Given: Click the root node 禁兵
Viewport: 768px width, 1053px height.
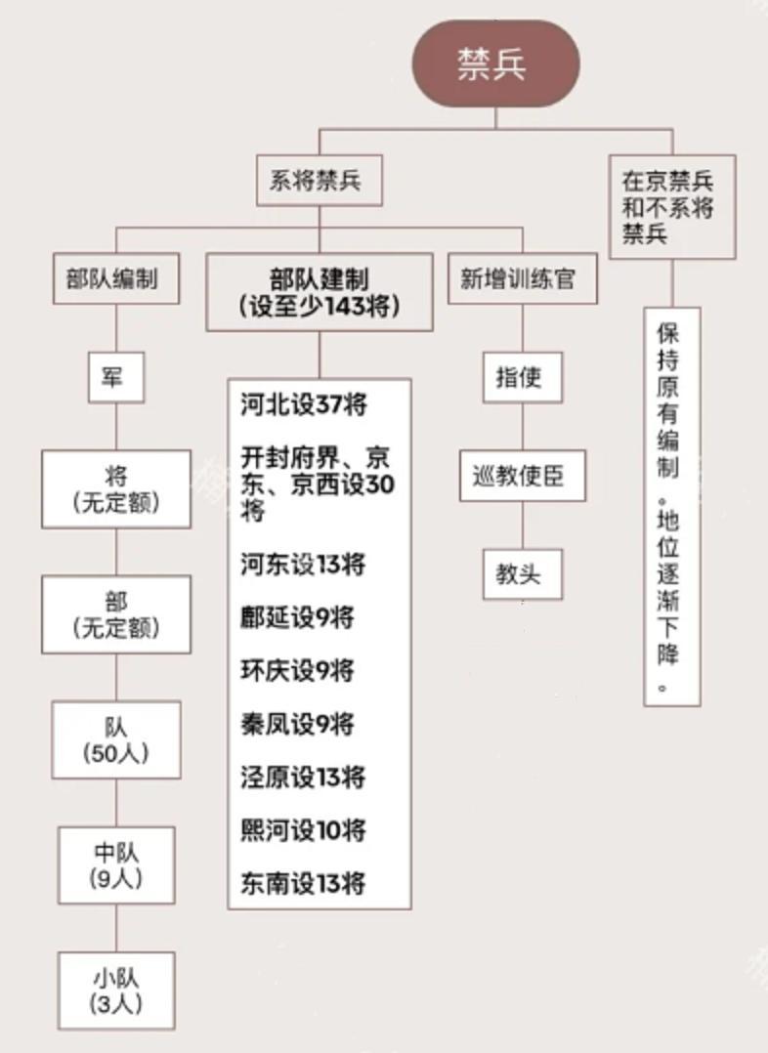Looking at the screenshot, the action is click(x=495, y=63).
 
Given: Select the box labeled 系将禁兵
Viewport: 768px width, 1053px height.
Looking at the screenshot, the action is click(x=320, y=180).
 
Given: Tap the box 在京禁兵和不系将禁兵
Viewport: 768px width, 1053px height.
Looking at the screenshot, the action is click(x=672, y=207).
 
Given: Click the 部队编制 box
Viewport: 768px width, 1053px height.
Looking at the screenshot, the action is click(x=116, y=278).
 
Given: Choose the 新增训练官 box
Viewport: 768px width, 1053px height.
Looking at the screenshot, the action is click(x=522, y=278).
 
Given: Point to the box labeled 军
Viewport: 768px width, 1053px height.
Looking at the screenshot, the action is click(x=116, y=377).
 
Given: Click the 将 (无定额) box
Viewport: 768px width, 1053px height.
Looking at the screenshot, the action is click(x=116, y=488).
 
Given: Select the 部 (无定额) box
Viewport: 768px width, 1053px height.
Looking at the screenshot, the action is click(x=116, y=613).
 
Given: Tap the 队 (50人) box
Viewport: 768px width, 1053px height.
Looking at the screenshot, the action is click(x=116, y=739).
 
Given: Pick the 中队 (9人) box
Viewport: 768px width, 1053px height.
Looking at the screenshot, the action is click(x=116, y=865).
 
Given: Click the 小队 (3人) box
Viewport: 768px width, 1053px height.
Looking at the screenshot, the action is click(x=116, y=990).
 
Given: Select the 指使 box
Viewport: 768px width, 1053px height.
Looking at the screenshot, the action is click(x=522, y=377).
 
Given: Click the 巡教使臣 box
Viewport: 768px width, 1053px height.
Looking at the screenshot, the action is click(x=522, y=476).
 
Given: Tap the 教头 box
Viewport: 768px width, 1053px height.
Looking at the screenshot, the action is click(x=522, y=574).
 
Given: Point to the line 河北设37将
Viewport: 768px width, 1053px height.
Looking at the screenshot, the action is click(x=304, y=404).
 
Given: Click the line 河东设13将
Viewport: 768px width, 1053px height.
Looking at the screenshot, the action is click(x=303, y=565).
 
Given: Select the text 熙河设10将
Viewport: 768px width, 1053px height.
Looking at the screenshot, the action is click(x=303, y=830).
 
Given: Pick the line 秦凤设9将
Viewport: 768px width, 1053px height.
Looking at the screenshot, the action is click(x=297, y=724).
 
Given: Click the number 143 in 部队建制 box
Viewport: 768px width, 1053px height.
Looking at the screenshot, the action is click(x=345, y=306).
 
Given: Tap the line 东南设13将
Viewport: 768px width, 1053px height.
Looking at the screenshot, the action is click(x=303, y=883).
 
